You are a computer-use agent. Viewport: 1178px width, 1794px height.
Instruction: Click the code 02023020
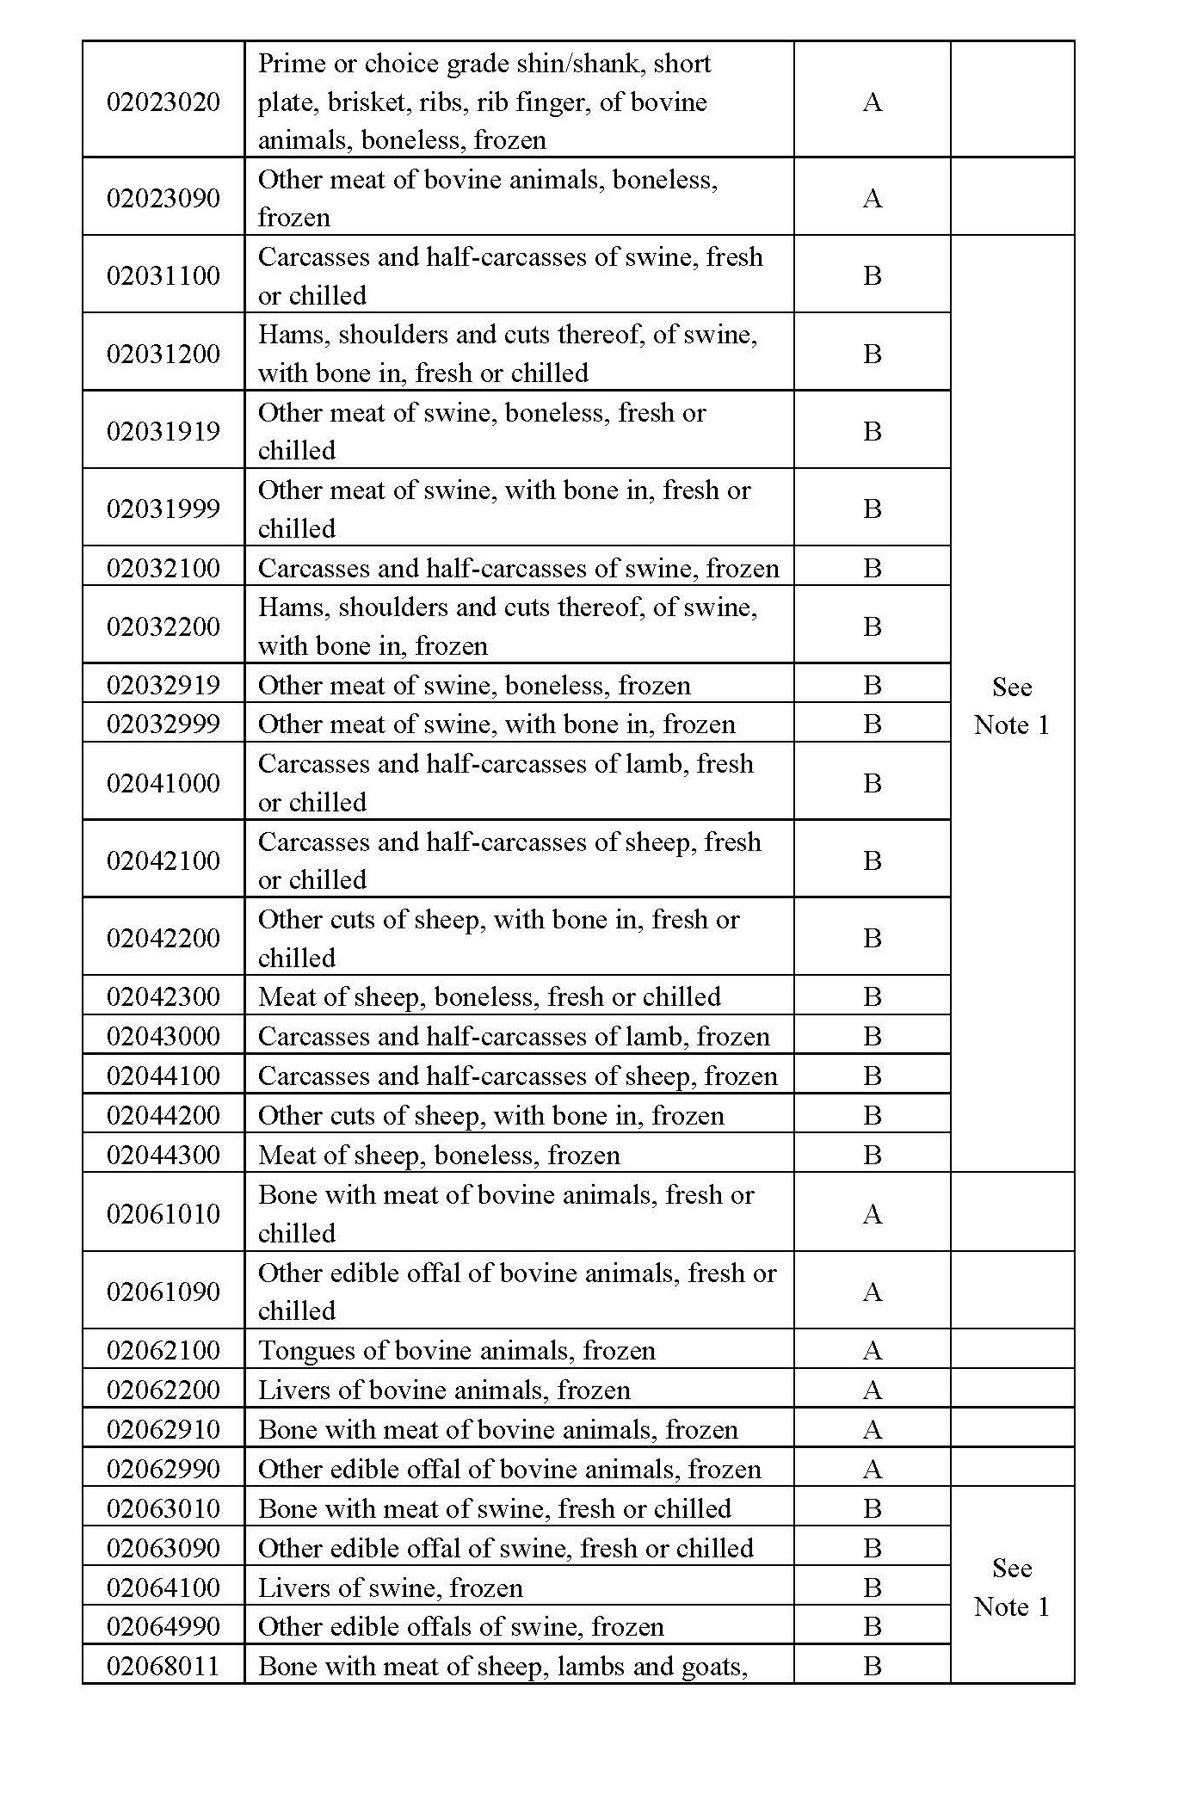(x=163, y=102)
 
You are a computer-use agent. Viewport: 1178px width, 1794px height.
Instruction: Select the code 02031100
(x=163, y=275)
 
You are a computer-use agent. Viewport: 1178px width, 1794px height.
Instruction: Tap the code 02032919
(x=163, y=685)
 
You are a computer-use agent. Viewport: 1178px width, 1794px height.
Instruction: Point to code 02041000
(x=163, y=783)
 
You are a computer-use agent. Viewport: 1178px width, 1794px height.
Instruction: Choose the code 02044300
(x=163, y=1155)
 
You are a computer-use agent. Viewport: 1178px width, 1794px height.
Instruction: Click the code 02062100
(x=163, y=1350)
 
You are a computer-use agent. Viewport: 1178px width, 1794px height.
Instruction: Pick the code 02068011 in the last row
(x=163, y=1666)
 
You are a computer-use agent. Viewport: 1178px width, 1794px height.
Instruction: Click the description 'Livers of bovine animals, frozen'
(x=444, y=1390)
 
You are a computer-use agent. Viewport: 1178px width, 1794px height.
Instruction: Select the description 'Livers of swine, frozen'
(x=390, y=1587)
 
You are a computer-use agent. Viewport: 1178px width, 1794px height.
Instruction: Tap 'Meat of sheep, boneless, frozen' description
(x=439, y=1155)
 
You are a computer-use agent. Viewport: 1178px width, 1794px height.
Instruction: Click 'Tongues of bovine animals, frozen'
(x=456, y=1350)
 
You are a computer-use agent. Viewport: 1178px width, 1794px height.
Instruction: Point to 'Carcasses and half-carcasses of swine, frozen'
(x=518, y=568)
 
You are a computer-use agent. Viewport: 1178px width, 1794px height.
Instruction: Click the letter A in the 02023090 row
(x=872, y=198)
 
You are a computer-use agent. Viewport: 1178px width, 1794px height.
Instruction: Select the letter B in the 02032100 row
(x=872, y=568)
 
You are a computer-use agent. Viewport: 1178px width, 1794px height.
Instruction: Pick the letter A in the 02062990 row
(x=872, y=1469)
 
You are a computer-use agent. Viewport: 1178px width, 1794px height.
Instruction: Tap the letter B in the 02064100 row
(x=872, y=1587)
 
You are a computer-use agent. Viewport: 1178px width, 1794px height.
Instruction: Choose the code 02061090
(x=163, y=1291)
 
